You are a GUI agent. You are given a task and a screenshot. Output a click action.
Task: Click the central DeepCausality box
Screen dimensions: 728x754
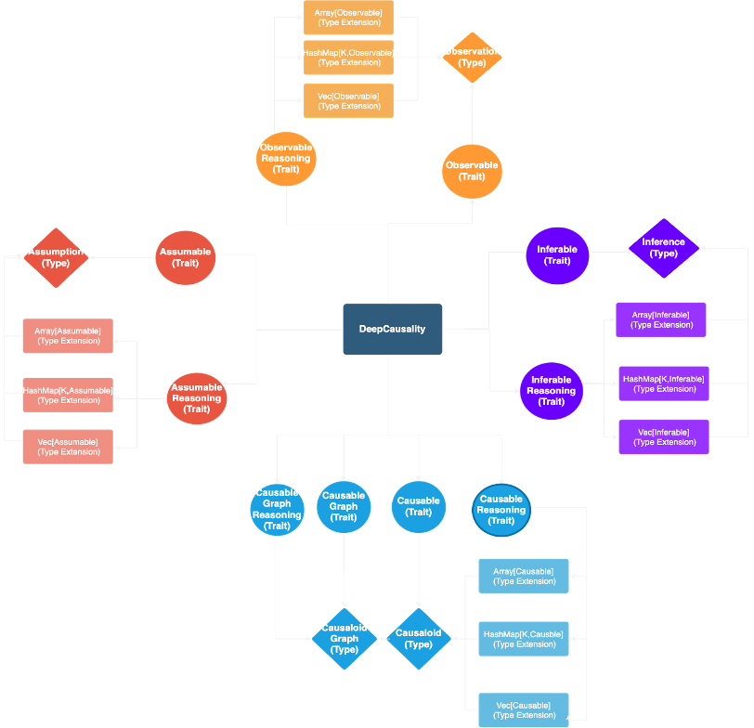click(x=392, y=329)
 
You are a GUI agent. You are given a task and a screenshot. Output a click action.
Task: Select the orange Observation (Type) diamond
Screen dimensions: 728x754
click(x=472, y=57)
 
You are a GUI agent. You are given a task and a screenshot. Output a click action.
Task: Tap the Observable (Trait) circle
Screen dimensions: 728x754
click(x=472, y=171)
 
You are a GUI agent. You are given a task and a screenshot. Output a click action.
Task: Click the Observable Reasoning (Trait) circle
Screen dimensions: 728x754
click(x=286, y=158)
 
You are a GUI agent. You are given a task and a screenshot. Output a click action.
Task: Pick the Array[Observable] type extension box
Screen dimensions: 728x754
click(x=348, y=18)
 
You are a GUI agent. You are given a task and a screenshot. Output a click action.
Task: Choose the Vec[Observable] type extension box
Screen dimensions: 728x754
click(x=348, y=100)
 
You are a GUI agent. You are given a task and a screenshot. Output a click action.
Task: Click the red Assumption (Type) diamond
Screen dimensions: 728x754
click(x=56, y=257)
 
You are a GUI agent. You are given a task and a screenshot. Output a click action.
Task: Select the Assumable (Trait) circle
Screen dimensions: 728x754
click(x=186, y=257)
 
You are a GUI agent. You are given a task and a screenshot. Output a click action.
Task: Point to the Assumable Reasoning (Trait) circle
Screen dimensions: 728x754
click(x=197, y=398)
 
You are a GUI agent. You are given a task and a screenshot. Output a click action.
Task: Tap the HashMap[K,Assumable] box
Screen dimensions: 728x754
click(x=68, y=395)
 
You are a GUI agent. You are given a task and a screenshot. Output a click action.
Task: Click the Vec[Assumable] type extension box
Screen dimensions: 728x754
click(x=68, y=447)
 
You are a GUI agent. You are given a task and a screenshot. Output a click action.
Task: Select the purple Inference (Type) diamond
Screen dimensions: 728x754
click(x=663, y=248)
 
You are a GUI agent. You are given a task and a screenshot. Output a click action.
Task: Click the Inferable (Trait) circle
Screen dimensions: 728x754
click(x=557, y=254)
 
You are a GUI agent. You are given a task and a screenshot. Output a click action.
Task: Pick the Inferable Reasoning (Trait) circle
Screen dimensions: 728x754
click(x=552, y=391)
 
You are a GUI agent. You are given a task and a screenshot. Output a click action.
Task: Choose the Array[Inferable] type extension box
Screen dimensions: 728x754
click(x=661, y=319)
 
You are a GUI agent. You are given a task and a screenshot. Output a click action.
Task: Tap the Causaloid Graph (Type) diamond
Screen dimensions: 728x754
click(x=344, y=639)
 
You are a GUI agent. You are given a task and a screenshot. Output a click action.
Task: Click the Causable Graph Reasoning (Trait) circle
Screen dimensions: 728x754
click(x=277, y=510)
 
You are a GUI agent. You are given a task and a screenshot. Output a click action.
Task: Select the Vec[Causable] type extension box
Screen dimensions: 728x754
click(x=524, y=709)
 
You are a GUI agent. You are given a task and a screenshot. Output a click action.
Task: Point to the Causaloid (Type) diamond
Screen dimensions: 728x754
click(x=419, y=639)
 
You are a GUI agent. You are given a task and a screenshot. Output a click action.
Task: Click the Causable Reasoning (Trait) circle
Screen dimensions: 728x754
click(x=501, y=510)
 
